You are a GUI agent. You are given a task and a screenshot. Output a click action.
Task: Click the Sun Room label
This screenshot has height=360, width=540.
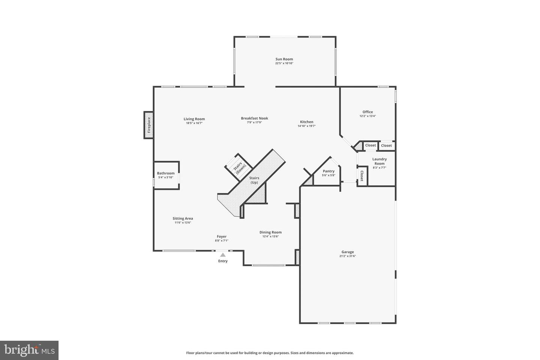(284, 59)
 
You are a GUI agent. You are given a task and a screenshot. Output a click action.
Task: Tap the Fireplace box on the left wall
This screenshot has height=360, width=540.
(148, 125)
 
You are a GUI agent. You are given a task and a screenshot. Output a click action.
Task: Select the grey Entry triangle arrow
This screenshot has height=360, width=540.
(223, 255)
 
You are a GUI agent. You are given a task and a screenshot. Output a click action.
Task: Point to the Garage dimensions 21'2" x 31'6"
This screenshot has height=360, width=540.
(347, 256)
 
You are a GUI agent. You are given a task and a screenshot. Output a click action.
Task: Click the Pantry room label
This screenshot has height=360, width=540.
(328, 171)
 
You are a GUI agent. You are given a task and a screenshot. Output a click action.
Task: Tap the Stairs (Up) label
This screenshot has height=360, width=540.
(254, 180)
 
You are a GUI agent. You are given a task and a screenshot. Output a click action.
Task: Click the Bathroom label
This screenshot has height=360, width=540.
(166, 173)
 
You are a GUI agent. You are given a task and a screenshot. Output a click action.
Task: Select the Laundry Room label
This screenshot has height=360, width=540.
(379, 161)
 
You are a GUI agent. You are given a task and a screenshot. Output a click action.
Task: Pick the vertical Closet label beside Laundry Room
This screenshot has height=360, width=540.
(361, 176)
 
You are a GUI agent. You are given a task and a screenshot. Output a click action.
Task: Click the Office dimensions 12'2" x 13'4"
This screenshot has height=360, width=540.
(367, 116)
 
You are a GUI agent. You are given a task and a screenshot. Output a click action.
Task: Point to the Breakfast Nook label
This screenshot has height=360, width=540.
(255, 118)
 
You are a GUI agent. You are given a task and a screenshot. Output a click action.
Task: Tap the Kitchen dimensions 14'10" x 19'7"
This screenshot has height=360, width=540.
(307, 126)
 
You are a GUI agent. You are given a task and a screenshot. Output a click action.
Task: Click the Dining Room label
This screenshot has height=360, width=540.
(270, 232)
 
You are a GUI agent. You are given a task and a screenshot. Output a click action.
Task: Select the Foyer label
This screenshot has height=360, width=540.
(222, 237)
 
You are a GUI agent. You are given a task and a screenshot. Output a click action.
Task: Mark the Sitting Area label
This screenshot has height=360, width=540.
(183, 219)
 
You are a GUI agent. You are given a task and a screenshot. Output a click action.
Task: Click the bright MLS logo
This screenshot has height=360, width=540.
(29, 350)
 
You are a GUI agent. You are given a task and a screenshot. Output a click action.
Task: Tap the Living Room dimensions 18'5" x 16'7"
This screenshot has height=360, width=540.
(194, 123)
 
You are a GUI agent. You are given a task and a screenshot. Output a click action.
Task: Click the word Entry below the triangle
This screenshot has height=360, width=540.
(223, 261)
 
